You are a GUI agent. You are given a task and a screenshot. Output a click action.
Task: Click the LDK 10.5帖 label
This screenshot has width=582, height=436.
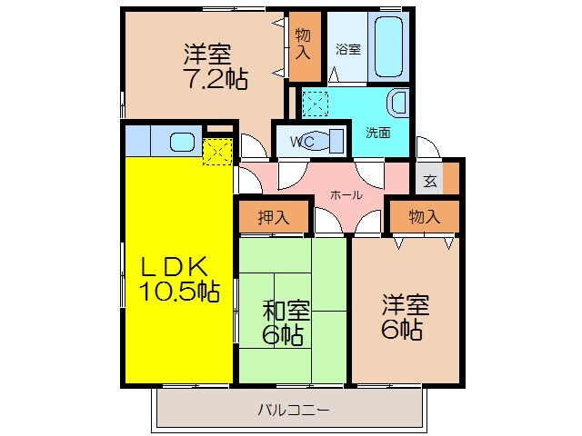[178, 279]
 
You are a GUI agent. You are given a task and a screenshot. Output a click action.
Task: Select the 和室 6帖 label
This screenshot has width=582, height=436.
[285, 321]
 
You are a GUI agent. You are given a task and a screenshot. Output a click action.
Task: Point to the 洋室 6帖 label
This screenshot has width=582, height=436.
[402, 315]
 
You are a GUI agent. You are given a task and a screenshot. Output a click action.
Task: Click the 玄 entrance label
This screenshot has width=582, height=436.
[429, 180]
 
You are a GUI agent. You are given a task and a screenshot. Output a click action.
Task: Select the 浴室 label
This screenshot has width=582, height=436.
[349, 49]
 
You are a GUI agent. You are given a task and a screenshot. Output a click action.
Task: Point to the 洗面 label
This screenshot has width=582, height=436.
[378, 133]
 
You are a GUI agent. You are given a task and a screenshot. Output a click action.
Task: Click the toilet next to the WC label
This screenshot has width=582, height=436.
[335, 141]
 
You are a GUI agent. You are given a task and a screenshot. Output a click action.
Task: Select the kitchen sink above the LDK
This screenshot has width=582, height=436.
[182, 141]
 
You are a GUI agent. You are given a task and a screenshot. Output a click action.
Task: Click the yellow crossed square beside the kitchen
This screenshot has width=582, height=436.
[216, 151]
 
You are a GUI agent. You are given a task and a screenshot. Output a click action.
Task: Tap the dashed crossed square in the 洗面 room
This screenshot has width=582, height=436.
[316, 104]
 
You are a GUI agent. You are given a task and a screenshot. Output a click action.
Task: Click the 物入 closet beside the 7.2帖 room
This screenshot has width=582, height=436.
[303, 45]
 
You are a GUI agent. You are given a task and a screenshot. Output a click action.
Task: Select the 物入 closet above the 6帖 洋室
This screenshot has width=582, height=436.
[424, 217]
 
